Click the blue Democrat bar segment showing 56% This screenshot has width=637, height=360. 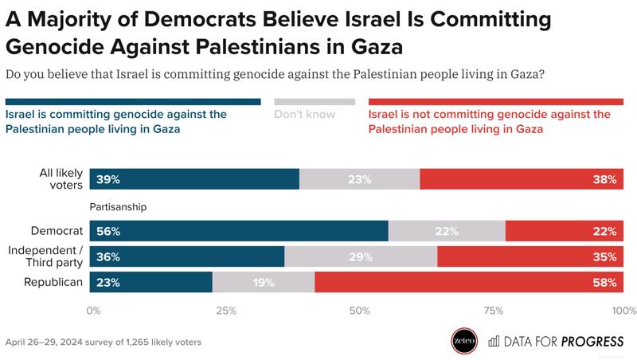[x=239, y=231]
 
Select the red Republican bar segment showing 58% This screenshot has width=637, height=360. [x=469, y=282]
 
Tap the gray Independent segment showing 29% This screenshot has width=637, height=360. [x=361, y=256]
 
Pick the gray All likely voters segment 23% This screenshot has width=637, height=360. [x=360, y=179]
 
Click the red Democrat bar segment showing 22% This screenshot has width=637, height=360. [x=565, y=231]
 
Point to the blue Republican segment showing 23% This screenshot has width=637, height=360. [x=151, y=282]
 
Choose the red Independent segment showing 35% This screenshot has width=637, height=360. [x=530, y=256]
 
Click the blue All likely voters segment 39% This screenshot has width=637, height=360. [x=194, y=179]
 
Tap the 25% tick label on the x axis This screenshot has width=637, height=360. [x=226, y=311]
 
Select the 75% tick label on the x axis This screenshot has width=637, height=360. [x=494, y=311]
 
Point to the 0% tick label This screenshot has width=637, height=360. [x=93, y=311]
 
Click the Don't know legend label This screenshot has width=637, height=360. [x=305, y=114]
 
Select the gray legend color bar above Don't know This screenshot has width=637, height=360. [x=315, y=102]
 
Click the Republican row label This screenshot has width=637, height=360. [x=53, y=282]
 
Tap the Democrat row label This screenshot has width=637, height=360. [x=57, y=231]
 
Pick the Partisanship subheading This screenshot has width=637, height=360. [x=118, y=207]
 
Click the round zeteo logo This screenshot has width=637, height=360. [x=464, y=341]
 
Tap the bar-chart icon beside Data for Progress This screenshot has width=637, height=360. [x=494, y=341]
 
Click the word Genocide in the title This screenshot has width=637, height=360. [x=55, y=47]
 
